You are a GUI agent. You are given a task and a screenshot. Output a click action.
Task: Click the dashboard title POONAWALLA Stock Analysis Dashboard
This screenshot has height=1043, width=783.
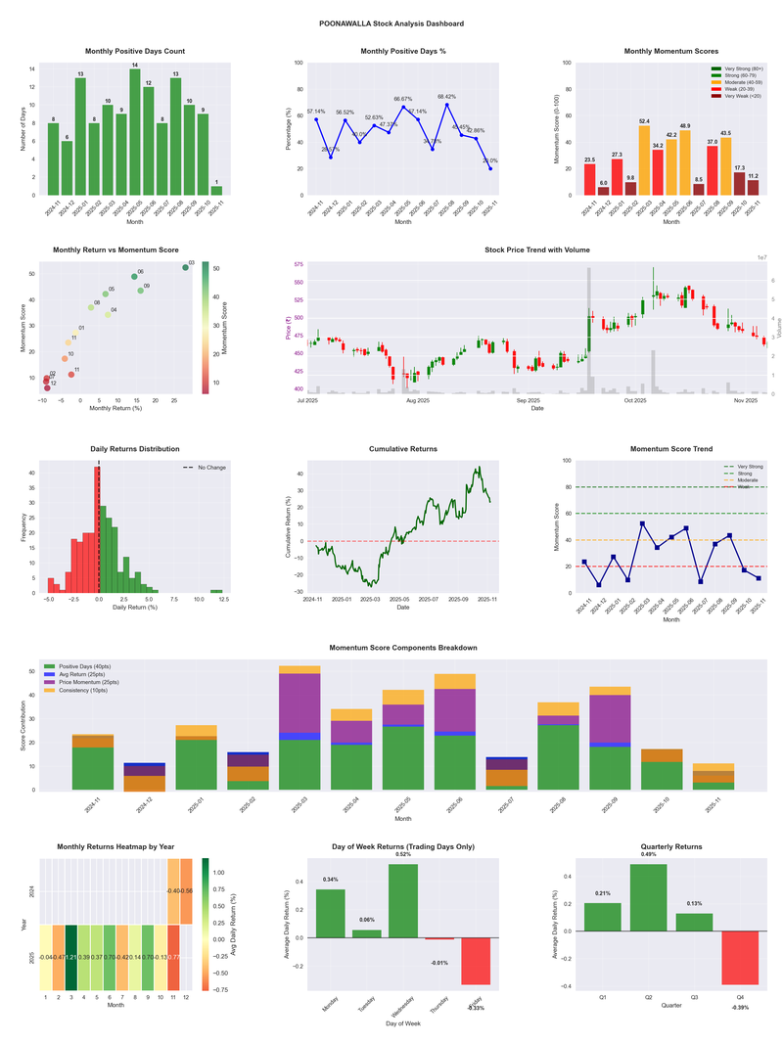click(x=391, y=23)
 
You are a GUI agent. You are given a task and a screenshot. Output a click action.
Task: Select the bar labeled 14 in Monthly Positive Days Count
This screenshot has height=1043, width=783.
click(x=135, y=132)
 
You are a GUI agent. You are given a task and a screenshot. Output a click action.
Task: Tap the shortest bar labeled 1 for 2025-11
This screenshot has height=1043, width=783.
click(x=216, y=190)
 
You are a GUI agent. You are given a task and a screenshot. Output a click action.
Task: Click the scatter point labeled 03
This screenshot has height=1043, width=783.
click(x=185, y=267)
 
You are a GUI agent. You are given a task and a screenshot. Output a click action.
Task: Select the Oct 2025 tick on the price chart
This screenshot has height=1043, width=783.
click(x=637, y=400)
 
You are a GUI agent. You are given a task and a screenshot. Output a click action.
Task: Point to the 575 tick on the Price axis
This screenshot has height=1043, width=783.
click(x=296, y=265)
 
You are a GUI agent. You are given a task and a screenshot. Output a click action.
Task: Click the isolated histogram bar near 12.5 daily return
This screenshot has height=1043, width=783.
click(x=216, y=591)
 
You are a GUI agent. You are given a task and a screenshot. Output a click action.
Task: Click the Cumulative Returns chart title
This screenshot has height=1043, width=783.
click(x=403, y=449)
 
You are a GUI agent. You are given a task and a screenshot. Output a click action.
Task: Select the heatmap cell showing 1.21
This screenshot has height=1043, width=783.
click(x=71, y=956)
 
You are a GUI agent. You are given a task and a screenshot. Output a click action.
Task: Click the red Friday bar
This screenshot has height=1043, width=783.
click(x=476, y=961)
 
